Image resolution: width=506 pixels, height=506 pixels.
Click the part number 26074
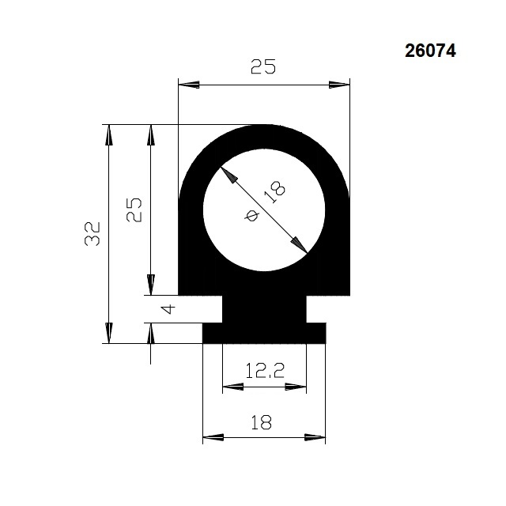430,51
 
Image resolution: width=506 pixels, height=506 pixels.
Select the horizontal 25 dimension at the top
263,66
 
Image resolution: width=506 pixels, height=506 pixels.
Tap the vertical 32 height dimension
93,234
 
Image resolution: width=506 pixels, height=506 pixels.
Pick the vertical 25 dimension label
134,210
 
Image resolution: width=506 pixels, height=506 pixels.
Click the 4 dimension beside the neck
168,309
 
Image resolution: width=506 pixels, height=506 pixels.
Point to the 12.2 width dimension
265,371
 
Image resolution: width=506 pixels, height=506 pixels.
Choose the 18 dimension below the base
262,422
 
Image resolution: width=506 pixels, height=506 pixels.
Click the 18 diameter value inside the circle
274,192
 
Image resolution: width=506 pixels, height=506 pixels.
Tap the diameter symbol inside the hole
251,215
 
